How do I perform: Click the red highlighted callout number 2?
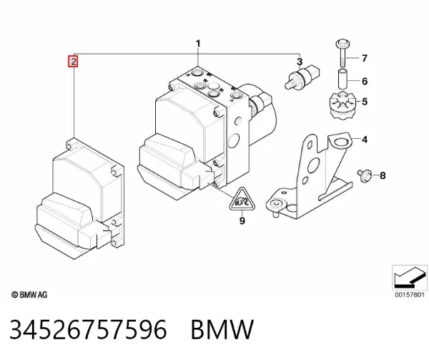74,62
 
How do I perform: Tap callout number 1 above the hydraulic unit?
198,44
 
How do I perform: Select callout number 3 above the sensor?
300,62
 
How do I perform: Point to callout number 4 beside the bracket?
365,140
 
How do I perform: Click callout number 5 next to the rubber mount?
365,102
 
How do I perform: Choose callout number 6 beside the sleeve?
365,82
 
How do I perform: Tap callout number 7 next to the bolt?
365,58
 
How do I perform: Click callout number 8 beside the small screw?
383,175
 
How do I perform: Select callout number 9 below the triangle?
242,220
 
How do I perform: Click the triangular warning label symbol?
242,200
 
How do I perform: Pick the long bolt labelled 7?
342,54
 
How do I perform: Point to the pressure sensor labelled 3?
302,77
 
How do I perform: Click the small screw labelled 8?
365,176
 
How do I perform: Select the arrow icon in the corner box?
410,277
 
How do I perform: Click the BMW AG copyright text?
29,295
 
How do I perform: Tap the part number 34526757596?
88,329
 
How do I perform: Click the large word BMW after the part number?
222,329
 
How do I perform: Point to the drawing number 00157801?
409,295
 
